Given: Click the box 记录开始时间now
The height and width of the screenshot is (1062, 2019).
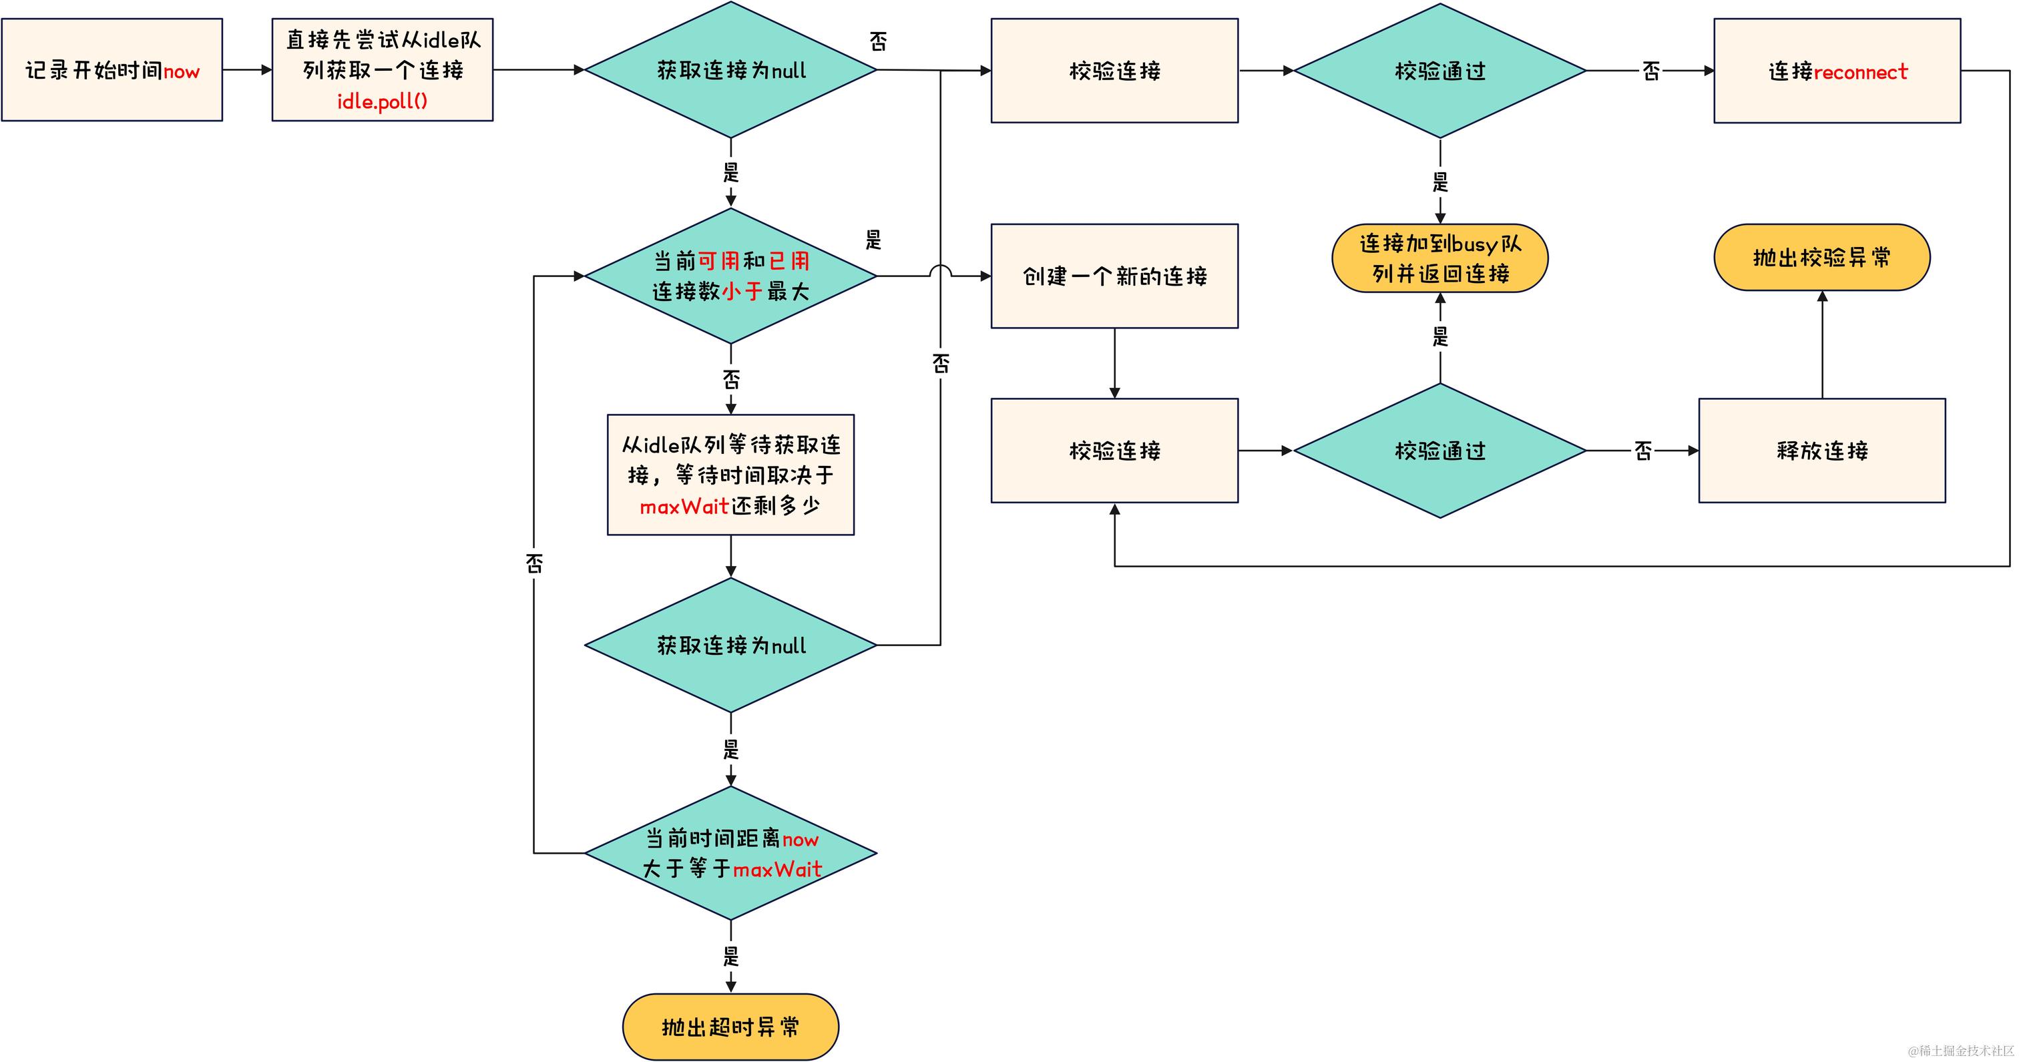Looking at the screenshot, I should pyautogui.click(x=112, y=71).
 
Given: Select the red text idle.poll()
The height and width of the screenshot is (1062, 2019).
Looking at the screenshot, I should pyautogui.click(x=383, y=102).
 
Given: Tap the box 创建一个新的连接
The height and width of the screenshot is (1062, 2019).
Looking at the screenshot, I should pyautogui.click(x=1114, y=276).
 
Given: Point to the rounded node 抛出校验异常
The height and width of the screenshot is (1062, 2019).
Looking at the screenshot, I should pyautogui.click(x=1821, y=258).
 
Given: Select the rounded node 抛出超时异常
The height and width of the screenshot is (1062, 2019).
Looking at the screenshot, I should pyautogui.click(x=730, y=1027).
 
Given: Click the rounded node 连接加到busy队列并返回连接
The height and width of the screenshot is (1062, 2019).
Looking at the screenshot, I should pyautogui.click(x=1439, y=258).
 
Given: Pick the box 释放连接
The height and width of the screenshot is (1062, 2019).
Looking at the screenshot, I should pyautogui.click(x=1821, y=451).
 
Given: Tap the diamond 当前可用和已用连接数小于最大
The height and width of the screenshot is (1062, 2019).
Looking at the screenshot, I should pyautogui.click(x=730, y=276).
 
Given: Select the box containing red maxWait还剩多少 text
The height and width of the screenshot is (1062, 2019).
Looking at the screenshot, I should pyautogui.click(x=730, y=475).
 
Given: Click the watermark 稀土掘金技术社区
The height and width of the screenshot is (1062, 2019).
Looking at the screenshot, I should pyautogui.click(x=1960, y=1050).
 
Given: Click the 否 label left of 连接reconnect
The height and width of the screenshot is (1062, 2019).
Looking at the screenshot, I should pyautogui.click(x=1650, y=71).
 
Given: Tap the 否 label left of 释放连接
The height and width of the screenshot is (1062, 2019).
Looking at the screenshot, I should pyautogui.click(x=1643, y=451).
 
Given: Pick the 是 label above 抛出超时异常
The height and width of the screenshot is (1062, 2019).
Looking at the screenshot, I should pyautogui.click(x=730, y=956).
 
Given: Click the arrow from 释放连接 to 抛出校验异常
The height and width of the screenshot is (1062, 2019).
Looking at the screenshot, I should pyautogui.click(x=1821, y=345).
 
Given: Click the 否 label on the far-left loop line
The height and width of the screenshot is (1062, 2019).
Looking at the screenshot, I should pyautogui.click(x=533, y=563).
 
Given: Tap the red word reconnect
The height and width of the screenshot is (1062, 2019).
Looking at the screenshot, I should pyautogui.click(x=1860, y=72).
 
